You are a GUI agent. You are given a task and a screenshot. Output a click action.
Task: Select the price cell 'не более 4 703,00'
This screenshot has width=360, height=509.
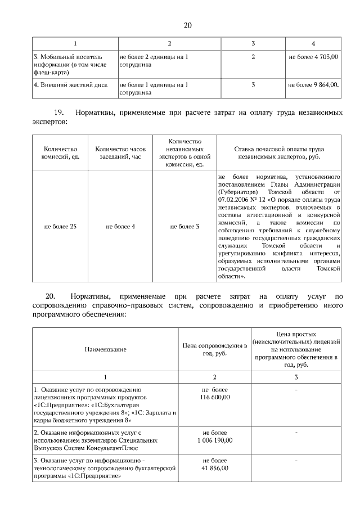coord(313,57)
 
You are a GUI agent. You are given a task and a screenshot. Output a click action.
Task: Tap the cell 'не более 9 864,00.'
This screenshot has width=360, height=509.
coord(313,85)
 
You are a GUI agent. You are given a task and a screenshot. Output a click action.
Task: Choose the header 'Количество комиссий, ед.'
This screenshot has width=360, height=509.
coord(60,153)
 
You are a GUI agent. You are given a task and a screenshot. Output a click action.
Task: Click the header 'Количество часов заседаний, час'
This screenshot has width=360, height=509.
coord(120,153)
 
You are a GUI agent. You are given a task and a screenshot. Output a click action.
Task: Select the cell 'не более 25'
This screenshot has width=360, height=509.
coord(60,226)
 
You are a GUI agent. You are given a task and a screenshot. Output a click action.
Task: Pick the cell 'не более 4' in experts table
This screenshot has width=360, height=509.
coord(120,226)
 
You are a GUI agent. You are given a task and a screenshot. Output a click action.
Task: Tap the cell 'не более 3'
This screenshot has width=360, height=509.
coord(185,226)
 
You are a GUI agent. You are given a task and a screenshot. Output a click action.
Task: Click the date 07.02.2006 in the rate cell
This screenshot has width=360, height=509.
coord(235,200)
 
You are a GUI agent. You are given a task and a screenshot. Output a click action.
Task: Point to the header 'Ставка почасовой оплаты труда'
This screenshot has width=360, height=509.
coord(278,149)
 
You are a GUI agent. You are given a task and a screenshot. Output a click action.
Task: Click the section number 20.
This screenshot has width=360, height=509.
coord(50,296)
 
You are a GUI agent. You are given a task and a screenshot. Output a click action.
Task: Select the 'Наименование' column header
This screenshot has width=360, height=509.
coord(105,349)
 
